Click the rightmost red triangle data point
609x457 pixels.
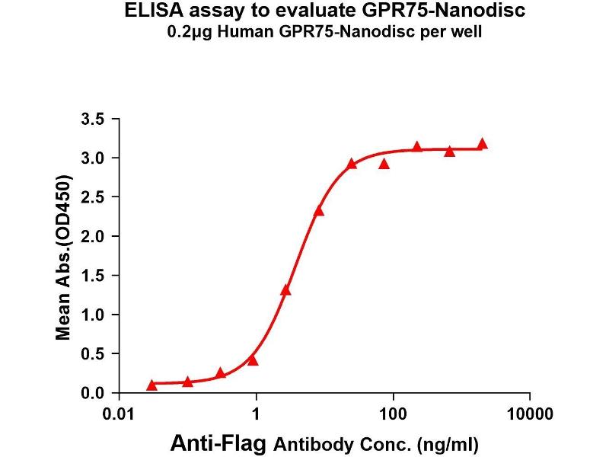click(482, 144)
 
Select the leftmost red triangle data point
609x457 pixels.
click(151, 385)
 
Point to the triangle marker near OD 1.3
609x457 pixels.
click(285, 290)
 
